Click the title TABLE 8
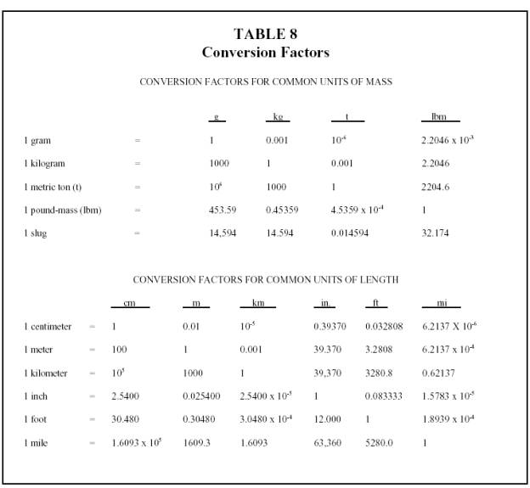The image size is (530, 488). coord(265,35)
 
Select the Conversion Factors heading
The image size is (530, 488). coord(265,53)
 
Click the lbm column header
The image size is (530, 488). coord(439,117)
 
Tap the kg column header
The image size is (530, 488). coord(278,117)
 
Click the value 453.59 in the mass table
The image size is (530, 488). coord(223,210)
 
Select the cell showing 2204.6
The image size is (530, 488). coord(436,187)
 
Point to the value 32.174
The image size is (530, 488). coord(435,233)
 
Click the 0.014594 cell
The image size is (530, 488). coord(350,233)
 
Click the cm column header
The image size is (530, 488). coord(129,304)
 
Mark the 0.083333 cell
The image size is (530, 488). coord(383,395)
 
